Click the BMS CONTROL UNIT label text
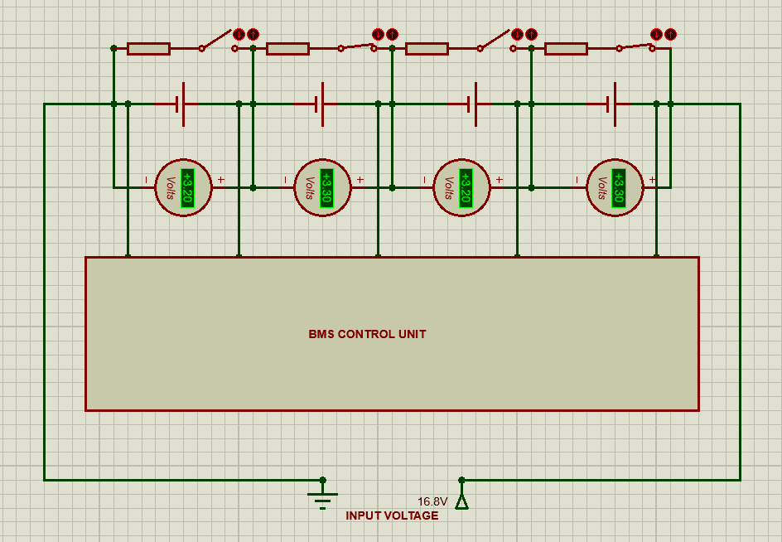tap(367, 335)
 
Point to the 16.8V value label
tap(432, 502)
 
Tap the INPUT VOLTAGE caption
tap(392, 515)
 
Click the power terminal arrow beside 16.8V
tap(461, 501)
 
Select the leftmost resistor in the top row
tap(148, 49)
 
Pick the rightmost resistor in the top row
tap(566, 49)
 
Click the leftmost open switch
tap(218, 41)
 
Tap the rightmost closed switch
tap(635, 46)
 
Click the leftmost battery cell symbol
tap(179, 104)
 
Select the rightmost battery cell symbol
tap(611, 104)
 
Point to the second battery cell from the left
tap(319, 104)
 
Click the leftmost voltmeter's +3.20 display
tap(187, 188)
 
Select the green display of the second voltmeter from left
tap(326, 188)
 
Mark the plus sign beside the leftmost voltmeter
tap(221, 180)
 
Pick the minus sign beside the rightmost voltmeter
tap(577, 180)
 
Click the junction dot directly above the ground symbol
tap(323, 480)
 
